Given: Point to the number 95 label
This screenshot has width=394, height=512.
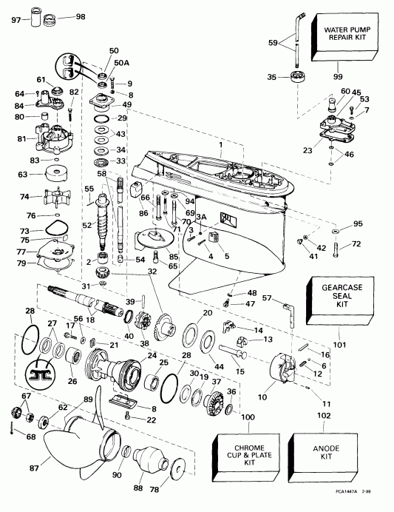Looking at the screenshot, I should [x=359, y=223].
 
